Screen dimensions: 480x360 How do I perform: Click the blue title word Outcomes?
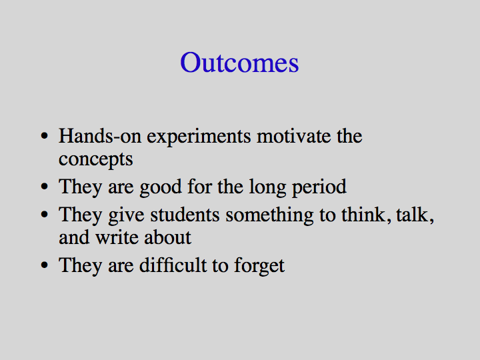(239, 63)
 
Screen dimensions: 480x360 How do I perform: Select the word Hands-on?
(100, 135)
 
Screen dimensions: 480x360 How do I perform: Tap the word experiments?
(199, 137)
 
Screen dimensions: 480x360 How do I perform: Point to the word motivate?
(294, 136)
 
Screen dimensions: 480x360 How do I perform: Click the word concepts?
(96, 160)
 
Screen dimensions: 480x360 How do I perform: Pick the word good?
(161, 187)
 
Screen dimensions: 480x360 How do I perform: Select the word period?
(319, 187)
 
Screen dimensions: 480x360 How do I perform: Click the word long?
(267, 187)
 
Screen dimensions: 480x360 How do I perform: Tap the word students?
(185, 215)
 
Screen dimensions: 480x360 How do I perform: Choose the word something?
(270, 215)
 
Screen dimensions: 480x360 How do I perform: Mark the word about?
(168, 237)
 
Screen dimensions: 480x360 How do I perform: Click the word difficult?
(173, 265)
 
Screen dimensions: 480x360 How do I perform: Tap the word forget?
(259, 266)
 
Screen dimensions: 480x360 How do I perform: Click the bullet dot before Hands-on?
(45, 135)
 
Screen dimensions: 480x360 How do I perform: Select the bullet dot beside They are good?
(45, 186)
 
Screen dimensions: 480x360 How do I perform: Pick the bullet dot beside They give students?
(45, 214)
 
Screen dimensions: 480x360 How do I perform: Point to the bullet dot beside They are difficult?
(45, 265)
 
